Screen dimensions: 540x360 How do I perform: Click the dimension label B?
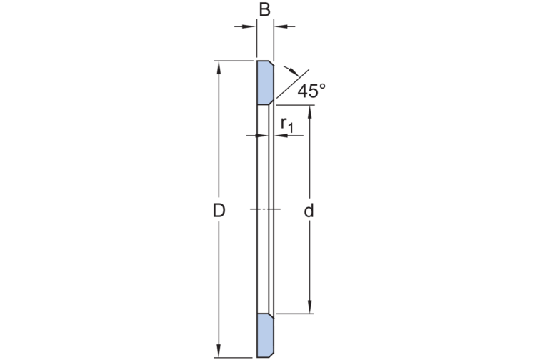(x=264, y=10)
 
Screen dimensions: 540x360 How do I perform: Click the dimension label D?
(x=219, y=211)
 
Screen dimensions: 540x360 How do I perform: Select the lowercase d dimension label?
(x=309, y=211)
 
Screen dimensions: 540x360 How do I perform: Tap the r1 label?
(x=286, y=124)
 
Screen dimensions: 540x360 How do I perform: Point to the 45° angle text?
(x=311, y=91)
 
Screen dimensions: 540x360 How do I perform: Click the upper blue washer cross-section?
(x=265, y=83)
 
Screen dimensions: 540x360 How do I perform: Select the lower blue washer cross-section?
(x=265, y=335)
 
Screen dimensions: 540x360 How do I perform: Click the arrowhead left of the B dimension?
(x=250, y=26)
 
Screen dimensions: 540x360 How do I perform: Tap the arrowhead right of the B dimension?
(x=280, y=26)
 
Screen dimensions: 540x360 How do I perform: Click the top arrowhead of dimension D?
(x=219, y=68)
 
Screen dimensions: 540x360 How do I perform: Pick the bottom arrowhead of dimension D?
(x=219, y=351)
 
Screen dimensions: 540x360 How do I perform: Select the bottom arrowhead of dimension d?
(x=310, y=306)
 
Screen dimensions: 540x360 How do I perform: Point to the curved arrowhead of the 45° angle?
(x=294, y=72)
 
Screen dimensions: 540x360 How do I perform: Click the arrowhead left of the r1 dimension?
(x=262, y=136)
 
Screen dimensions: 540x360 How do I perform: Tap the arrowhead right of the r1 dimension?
(x=281, y=136)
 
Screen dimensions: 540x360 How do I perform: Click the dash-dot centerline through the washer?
(x=265, y=209)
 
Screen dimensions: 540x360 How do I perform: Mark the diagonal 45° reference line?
(x=292, y=84)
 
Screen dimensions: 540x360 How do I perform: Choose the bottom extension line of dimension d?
(x=294, y=314)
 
